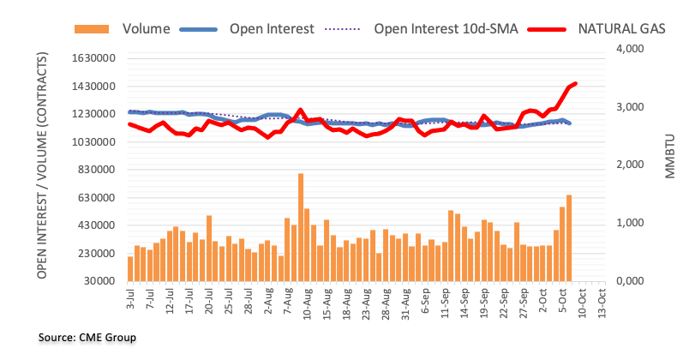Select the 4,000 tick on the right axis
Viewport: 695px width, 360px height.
coord(629,49)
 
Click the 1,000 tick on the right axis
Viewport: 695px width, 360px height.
coord(629,223)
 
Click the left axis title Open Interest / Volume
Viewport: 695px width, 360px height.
coord(42,165)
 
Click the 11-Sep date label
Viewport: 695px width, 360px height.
coord(446,303)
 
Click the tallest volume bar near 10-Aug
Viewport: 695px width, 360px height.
coord(301,227)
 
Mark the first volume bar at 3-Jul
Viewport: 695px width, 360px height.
coord(130,268)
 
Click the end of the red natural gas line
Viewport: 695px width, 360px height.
coord(575,83)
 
